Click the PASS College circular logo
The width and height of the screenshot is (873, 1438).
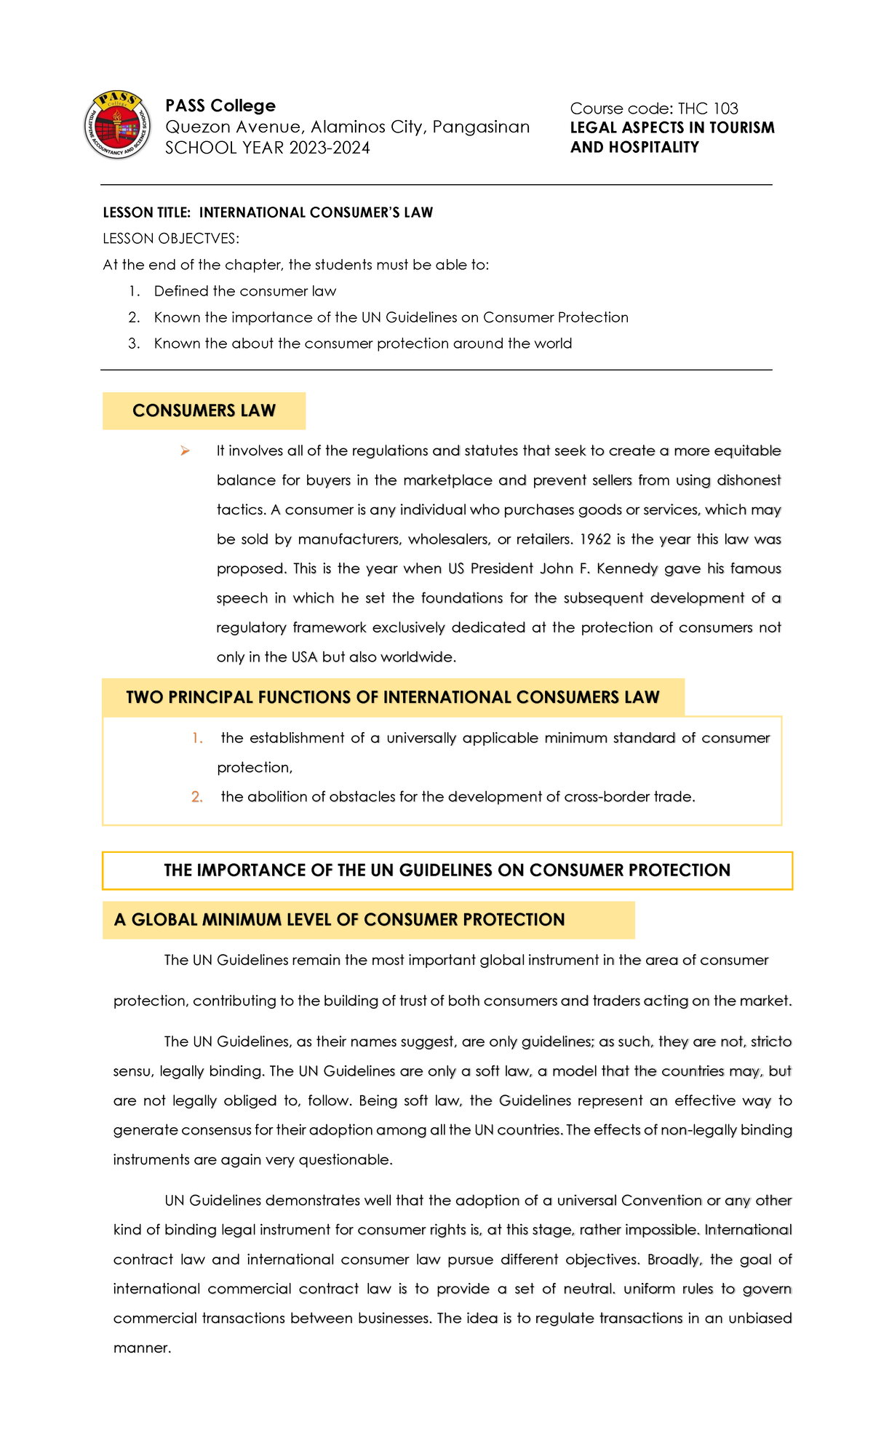tap(117, 125)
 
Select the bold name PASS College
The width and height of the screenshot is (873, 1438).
tap(220, 106)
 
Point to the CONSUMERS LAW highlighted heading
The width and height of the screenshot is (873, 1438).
tap(204, 410)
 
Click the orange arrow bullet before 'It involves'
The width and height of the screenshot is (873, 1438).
tap(186, 451)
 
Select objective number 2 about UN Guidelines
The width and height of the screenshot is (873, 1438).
tap(391, 317)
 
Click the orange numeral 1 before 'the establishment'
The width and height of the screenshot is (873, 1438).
tap(197, 738)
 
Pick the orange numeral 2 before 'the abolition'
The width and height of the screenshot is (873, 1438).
tap(197, 797)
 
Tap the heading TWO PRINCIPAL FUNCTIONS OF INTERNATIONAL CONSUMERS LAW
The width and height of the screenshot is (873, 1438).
tap(392, 697)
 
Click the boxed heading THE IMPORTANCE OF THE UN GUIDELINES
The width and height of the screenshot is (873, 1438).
tap(447, 870)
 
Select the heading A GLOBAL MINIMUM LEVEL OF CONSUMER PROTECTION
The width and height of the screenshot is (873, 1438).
tap(339, 920)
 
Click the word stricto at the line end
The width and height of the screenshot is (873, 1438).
tap(771, 1041)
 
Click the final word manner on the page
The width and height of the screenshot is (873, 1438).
tap(141, 1348)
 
